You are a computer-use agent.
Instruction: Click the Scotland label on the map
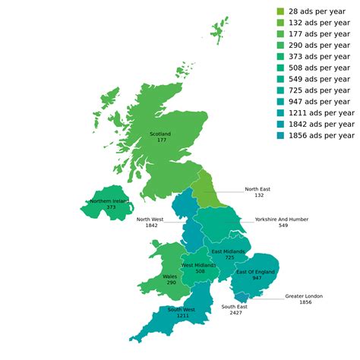click(160, 134)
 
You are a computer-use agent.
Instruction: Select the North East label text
click(258, 188)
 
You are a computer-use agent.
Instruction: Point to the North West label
click(147, 219)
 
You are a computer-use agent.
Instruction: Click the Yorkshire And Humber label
click(282, 219)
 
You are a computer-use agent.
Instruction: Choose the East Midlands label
click(229, 251)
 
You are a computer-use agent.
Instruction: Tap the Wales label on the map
click(169, 276)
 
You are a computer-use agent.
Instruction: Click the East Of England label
click(255, 272)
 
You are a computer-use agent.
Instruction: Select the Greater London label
click(305, 296)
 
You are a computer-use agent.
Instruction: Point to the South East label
click(233, 307)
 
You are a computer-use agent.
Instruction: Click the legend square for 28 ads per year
click(280, 11)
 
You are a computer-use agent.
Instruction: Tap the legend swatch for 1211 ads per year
click(280, 112)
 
